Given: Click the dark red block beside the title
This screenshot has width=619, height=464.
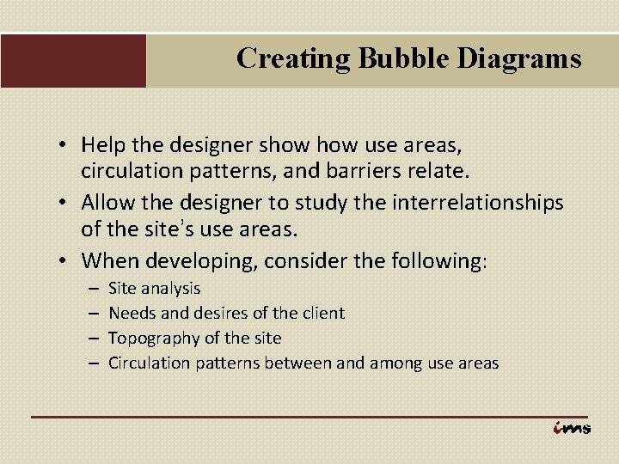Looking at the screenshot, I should tap(73, 60).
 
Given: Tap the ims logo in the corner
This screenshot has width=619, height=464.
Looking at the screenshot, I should tap(572, 428).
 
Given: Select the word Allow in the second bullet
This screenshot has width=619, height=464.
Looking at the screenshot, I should tap(109, 203).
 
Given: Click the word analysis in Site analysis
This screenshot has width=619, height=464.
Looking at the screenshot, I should tap(171, 288).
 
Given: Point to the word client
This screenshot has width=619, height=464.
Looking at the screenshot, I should tap(322, 313).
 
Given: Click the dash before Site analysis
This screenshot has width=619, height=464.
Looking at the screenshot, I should tap(92, 288).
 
